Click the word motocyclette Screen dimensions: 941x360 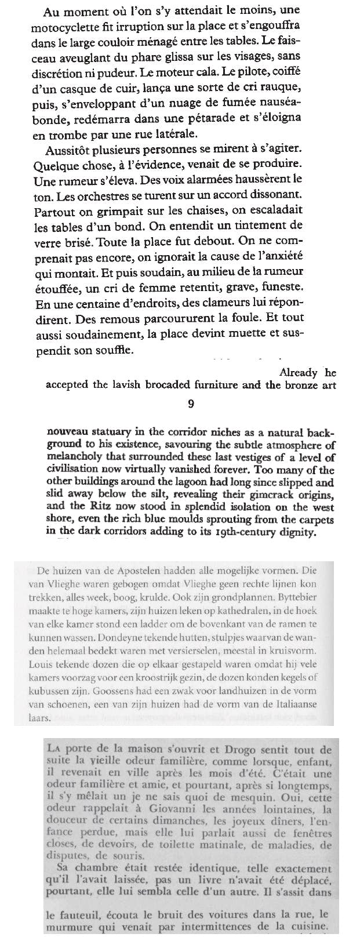66,26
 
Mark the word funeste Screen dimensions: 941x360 283,288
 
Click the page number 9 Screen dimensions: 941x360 191,404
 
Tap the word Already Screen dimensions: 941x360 298,373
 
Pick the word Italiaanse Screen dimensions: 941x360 290,704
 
